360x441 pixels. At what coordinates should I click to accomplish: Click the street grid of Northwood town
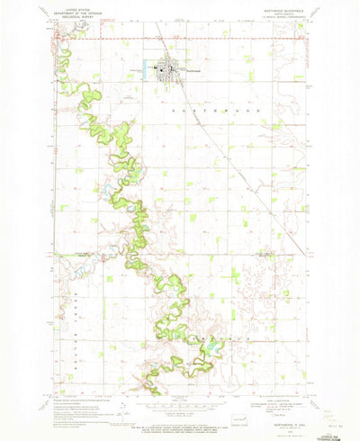pyautogui.click(x=169, y=69)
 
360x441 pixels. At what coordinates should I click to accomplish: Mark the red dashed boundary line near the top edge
pyautogui.click(x=225, y=39)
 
